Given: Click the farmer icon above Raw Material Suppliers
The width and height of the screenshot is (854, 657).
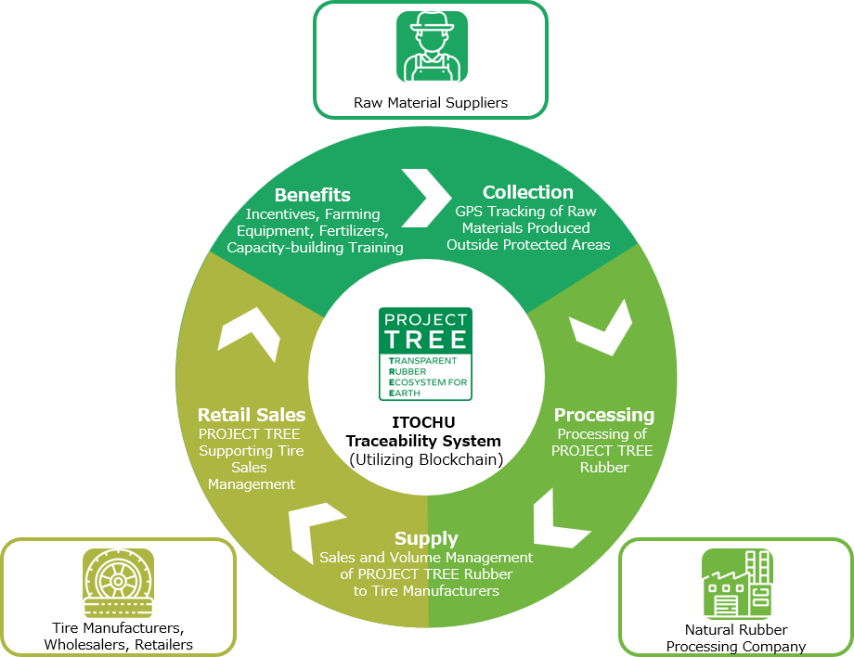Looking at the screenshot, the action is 432,46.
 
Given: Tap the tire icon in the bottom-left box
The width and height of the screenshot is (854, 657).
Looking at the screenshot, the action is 118,584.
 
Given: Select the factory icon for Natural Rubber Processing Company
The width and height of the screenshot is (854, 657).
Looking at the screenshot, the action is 737,584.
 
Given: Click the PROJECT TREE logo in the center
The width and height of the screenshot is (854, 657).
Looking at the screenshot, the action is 425,354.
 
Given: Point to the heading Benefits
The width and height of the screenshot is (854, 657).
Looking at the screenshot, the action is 313,195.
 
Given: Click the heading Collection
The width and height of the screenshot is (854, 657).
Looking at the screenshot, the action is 528,192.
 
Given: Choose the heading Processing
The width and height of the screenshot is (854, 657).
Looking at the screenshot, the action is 604,415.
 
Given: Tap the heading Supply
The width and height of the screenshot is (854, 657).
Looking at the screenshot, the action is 426,538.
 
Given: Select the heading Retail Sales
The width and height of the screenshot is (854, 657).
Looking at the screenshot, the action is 252,415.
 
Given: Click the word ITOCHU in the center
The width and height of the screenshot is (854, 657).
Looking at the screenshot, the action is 423,422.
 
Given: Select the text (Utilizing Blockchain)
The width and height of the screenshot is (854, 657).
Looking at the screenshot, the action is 426,460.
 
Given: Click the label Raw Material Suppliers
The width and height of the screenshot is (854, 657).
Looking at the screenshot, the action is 431,103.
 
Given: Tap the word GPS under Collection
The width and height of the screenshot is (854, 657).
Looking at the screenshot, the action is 470,212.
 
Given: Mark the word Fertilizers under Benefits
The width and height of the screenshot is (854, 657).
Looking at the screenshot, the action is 354,231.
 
